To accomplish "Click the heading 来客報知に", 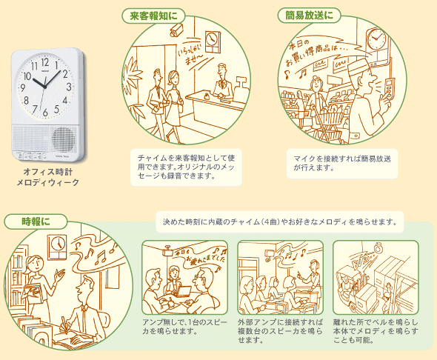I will pos(153,14).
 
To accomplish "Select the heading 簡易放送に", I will pos(310,14).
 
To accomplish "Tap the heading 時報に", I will pos(36,221).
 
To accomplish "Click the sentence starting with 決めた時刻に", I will pos(280,221).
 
